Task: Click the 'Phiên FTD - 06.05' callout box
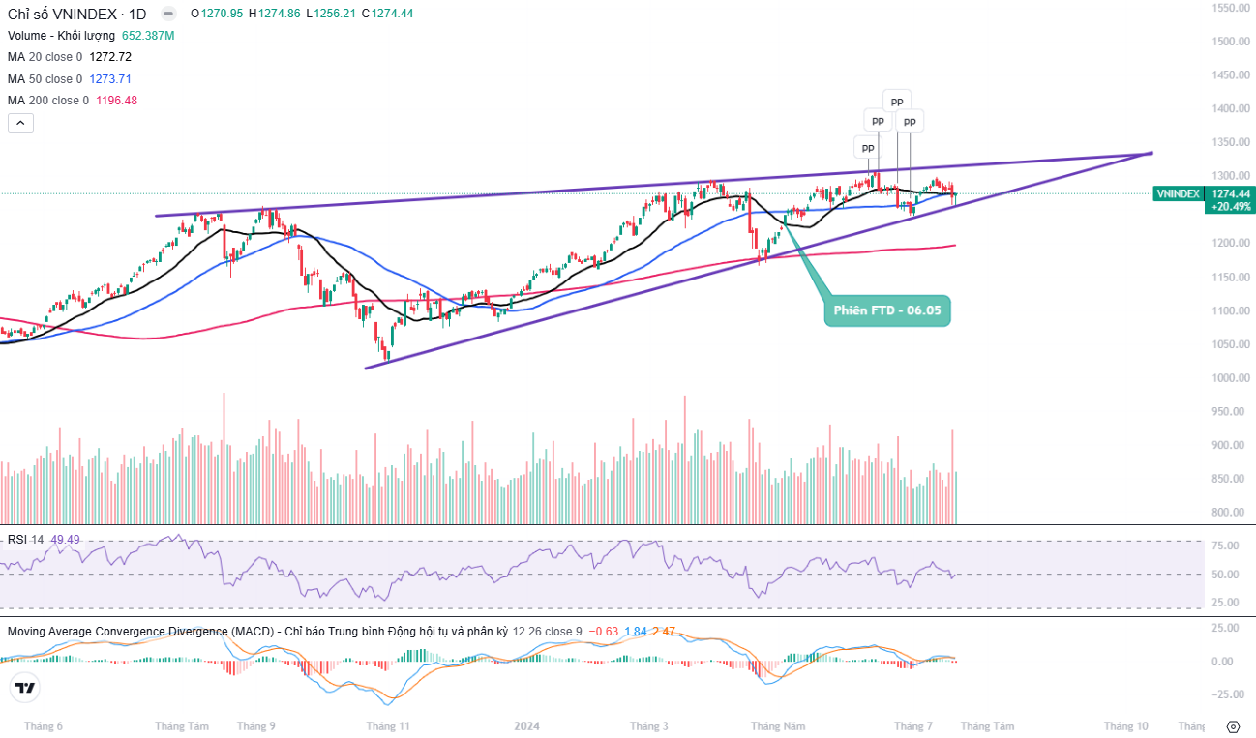[x=887, y=311]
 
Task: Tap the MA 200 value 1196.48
[x=116, y=101]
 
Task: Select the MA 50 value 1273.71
[x=109, y=79]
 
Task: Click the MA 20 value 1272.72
[x=109, y=57]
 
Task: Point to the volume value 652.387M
[x=148, y=36]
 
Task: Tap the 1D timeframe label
[x=137, y=15]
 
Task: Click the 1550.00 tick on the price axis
[x=1232, y=8]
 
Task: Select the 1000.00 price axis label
[x=1232, y=378]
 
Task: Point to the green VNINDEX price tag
[x=1178, y=193]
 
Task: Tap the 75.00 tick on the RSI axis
[x=1225, y=546]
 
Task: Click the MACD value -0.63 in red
[x=605, y=632]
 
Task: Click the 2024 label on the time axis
[x=526, y=725]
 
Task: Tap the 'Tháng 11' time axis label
[x=388, y=725]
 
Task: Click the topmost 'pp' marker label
[x=897, y=100]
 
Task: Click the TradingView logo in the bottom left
[x=24, y=689]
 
